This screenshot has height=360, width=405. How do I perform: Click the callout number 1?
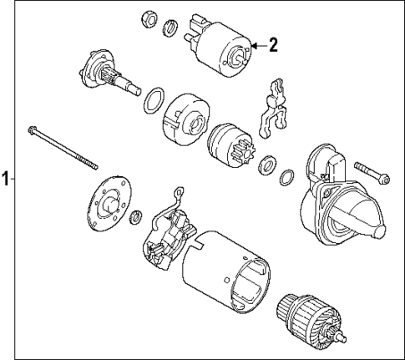click(x=7, y=179)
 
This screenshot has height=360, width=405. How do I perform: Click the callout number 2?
click(x=272, y=45)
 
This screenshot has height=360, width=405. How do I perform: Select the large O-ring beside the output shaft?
click(x=153, y=101)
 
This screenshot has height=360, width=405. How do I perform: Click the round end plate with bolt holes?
click(x=108, y=204)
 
